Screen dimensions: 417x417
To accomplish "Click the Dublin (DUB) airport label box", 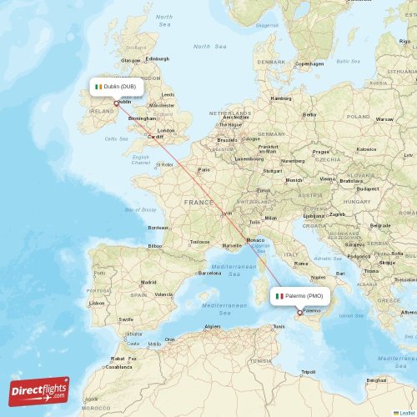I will (116, 86).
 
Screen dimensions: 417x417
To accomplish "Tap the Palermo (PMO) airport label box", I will (300, 295).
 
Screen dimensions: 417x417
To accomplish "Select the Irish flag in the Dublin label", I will (98, 86).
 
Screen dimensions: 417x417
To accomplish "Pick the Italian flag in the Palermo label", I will (279, 295).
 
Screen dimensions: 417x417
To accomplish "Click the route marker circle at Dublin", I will (116, 103).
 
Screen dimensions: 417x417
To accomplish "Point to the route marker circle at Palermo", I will (300, 313).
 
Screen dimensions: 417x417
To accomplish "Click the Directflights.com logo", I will (39, 390).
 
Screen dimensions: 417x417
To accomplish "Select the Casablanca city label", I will (118, 366).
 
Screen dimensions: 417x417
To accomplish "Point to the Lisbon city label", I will (97, 303).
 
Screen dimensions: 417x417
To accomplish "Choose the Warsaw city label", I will (384, 118).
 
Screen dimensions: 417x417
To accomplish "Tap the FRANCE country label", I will (198, 202).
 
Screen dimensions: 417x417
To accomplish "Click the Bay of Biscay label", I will (140, 209).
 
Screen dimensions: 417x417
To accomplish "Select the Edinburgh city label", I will (157, 59).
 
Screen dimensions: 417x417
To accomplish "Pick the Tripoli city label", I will (309, 371).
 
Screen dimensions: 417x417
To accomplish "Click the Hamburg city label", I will (281, 98).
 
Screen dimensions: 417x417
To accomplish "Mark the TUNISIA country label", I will (260, 360).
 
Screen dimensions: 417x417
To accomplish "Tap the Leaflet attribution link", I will (406, 412).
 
